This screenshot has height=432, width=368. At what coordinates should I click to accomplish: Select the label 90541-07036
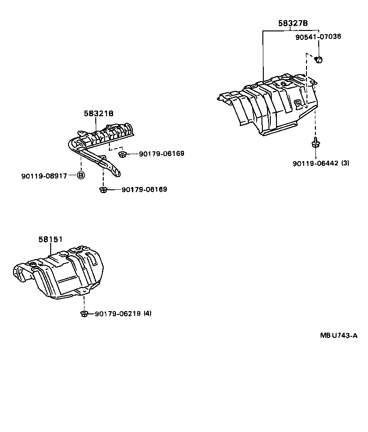318,36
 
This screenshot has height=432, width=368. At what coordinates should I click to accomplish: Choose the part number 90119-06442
315,163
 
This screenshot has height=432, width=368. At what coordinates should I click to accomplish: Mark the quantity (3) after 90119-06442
345,163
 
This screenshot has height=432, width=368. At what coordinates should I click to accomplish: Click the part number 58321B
99,113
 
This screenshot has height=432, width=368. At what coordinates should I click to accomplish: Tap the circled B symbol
80,176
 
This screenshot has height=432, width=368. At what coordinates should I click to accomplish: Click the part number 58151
50,239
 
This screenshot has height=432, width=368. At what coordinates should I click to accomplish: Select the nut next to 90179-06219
84,313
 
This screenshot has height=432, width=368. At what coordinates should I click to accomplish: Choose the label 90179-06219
117,313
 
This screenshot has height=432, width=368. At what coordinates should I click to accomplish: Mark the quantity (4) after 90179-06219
147,313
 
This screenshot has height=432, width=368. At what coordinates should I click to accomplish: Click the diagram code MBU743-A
339,335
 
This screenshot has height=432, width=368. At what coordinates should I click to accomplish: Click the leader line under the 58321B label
96,125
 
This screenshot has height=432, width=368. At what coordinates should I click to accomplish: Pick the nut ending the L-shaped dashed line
122,154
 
